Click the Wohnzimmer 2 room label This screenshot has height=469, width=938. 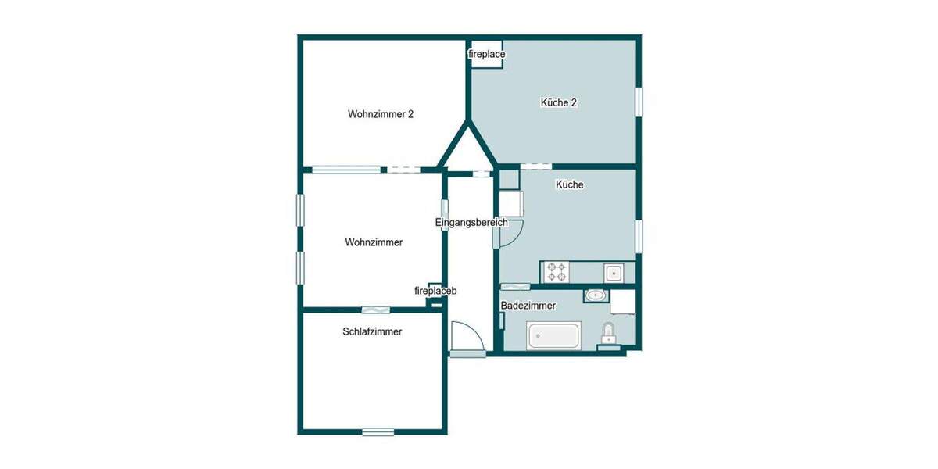click(x=380, y=114)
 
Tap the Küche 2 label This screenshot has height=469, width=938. click(x=558, y=102)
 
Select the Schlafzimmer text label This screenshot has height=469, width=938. click(x=372, y=331)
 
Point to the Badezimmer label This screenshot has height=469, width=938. click(x=528, y=306)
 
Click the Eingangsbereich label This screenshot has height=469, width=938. click(x=471, y=223)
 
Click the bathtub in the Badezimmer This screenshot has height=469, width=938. click(x=553, y=336)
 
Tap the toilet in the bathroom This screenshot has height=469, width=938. click(x=608, y=334)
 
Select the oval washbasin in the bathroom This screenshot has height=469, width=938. click(x=596, y=295)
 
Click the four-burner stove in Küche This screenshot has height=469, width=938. click(x=557, y=272)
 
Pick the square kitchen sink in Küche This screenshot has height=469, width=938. click(x=613, y=273)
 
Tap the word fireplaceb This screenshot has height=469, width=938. click(x=435, y=292)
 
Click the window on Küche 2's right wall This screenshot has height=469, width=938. click(x=639, y=102)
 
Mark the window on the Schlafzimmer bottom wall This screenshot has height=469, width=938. click(x=378, y=431)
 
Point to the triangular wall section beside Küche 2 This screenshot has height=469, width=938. click(x=467, y=149)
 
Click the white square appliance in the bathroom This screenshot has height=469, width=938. click(x=623, y=301)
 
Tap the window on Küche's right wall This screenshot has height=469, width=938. click(x=639, y=236)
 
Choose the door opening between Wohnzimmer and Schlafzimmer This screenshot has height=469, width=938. click(x=375, y=310)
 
